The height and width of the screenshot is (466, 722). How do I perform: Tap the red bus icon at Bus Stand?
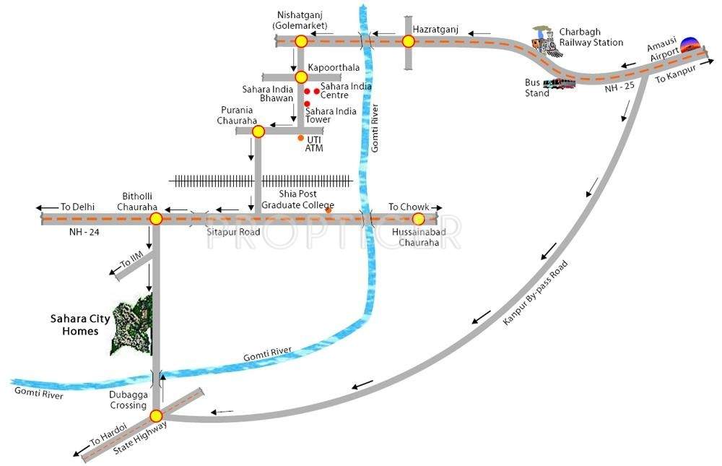point(560,84)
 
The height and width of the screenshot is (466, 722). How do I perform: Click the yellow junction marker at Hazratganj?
point(409,41)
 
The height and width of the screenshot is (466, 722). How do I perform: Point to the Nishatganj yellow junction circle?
point(301,41)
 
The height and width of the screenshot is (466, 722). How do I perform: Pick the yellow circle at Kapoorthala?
point(301,77)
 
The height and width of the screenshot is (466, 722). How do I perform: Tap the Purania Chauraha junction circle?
point(258,131)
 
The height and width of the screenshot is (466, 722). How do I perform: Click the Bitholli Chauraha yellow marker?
point(155,218)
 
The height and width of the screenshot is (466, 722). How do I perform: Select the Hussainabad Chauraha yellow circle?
point(417,218)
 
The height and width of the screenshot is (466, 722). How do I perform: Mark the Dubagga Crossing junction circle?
point(156,415)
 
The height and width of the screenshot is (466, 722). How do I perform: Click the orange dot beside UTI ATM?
point(301,137)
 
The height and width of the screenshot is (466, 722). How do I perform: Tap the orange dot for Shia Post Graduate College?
point(329,211)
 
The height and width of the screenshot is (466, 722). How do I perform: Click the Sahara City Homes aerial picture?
point(131,324)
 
